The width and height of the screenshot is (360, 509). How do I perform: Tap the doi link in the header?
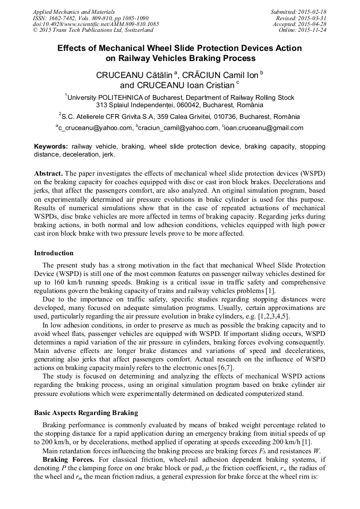click(x=96, y=24)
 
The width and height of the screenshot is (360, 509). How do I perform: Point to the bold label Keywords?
click(x=51, y=146)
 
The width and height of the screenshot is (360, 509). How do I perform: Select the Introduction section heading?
click(x=54, y=253)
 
